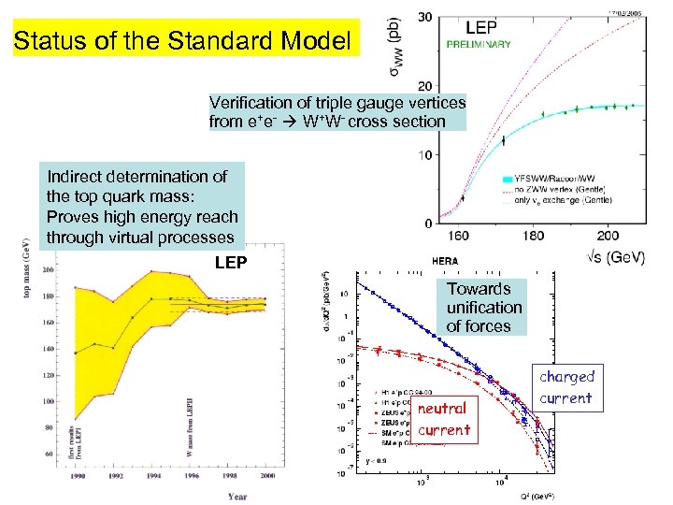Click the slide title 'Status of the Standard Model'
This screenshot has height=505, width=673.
[x=185, y=42]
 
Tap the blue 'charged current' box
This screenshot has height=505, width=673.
[x=566, y=387]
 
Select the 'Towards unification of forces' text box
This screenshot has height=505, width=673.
[x=484, y=308]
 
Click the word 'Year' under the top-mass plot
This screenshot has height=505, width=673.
[x=236, y=496]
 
